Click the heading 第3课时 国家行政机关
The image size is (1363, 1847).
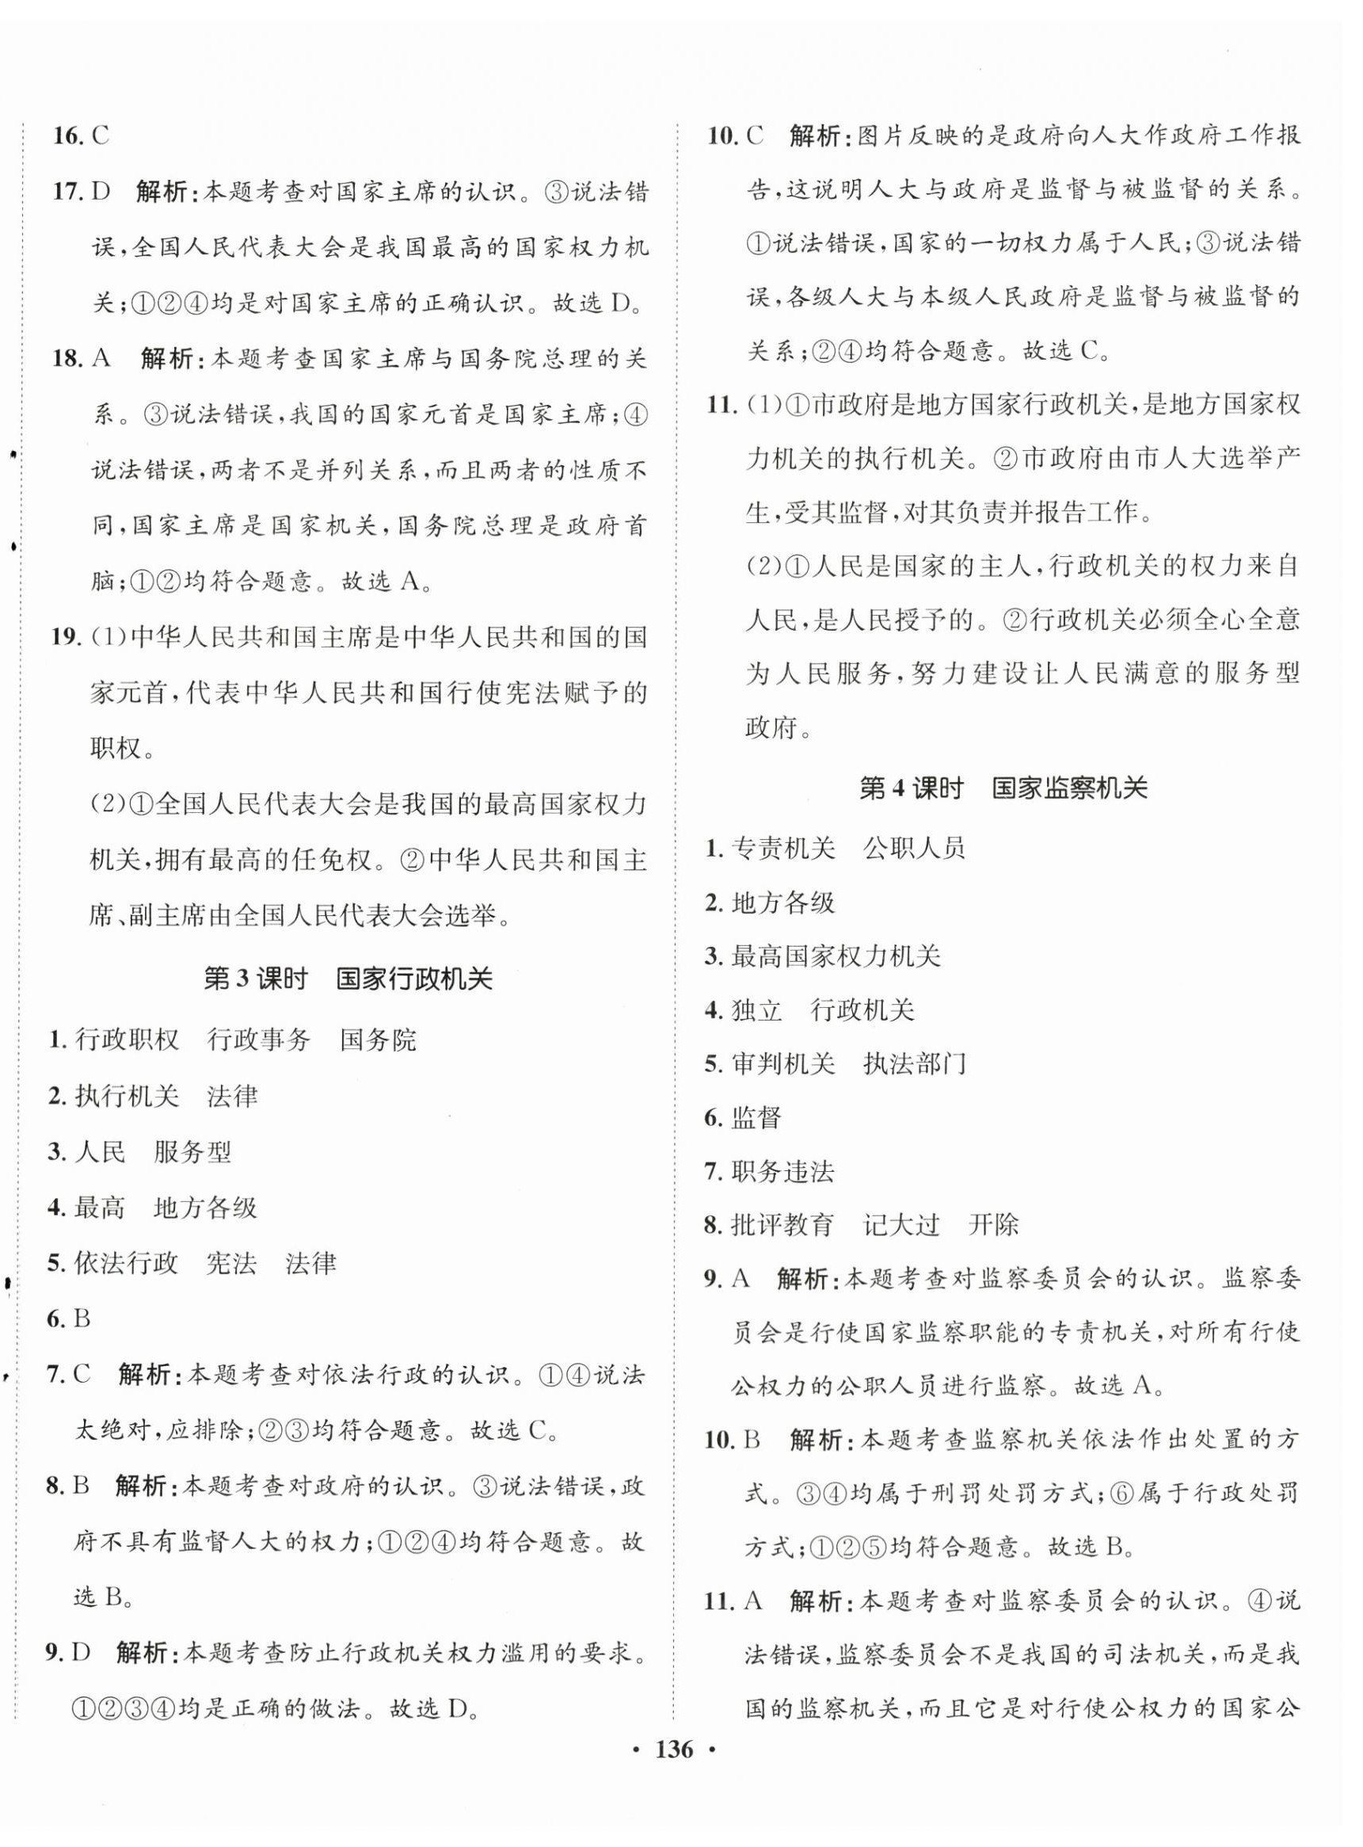(348, 979)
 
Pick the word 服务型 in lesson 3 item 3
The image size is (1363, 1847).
(192, 1152)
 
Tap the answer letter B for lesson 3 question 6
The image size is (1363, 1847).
(81, 1318)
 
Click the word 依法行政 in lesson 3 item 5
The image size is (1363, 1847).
(126, 1263)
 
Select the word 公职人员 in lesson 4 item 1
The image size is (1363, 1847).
(914, 848)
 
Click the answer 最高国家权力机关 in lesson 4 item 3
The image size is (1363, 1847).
(836, 956)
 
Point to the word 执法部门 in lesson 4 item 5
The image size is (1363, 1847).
(914, 1064)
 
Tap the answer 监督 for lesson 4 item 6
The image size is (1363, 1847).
(756, 1117)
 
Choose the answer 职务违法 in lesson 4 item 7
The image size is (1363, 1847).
(782, 1171)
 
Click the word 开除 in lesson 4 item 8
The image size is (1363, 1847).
(994, 1225)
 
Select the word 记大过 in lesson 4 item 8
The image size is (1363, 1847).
(901, 1225)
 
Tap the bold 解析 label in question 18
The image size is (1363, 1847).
(166, 359)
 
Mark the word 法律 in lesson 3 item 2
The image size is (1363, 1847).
(233, 1096)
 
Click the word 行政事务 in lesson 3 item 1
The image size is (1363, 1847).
(259, 1040)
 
